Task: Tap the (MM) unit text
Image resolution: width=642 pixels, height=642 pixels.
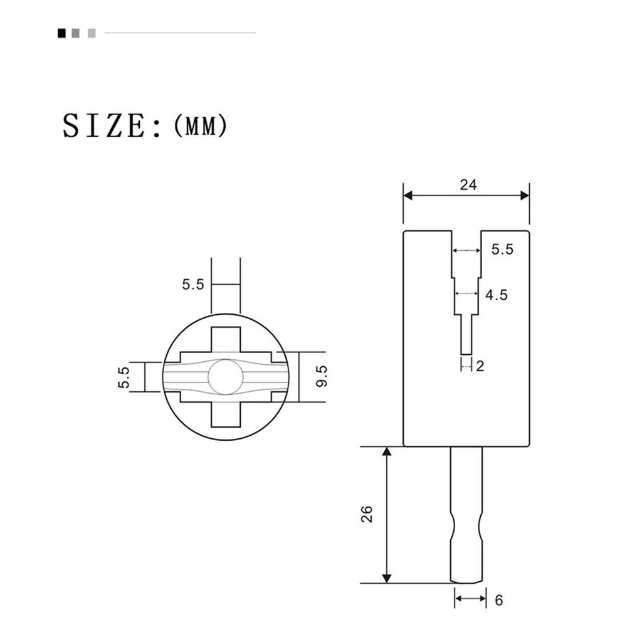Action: pyautogui.click(x=200, y=125)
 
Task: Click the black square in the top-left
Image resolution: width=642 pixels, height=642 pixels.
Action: pyautogui.click(x=62, y=33)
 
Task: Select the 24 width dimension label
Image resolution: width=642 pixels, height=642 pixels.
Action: pyautogui.click(x=468, y=185)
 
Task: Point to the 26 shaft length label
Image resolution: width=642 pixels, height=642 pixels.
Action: pyautogui.click(x=367, y=514)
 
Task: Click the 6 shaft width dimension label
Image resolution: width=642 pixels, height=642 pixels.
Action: pyautogui.click(x=498, y=600)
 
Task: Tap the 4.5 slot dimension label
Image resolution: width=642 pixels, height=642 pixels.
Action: pyautogui.click(x=497, y=295)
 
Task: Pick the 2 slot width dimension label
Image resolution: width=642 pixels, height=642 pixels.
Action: pyautogui.click(x=480, y=366)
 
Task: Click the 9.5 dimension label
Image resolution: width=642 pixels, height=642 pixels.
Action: pyautogui.click(x=322, y=376)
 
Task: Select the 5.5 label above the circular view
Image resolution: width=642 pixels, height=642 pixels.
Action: pyautogui.click(x=193, y=284)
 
